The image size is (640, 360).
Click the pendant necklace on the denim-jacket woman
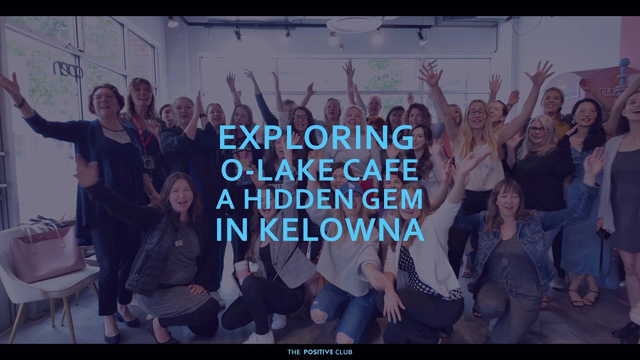click(504, 260)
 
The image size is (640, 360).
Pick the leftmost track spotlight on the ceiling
click(172, 22)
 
